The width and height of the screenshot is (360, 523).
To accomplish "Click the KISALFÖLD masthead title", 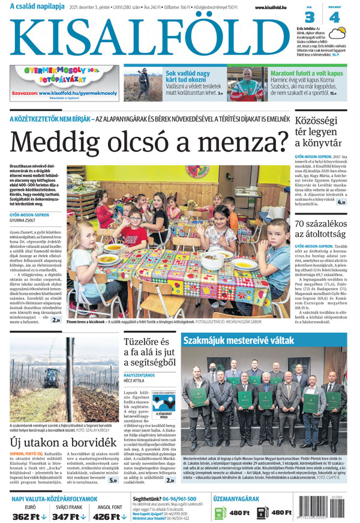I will point(148,37).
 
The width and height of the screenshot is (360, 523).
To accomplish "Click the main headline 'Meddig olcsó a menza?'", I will point(150,142).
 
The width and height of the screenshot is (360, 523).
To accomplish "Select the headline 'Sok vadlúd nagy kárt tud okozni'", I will point(188,77).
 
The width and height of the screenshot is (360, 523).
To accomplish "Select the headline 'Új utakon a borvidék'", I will point(62,443).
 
